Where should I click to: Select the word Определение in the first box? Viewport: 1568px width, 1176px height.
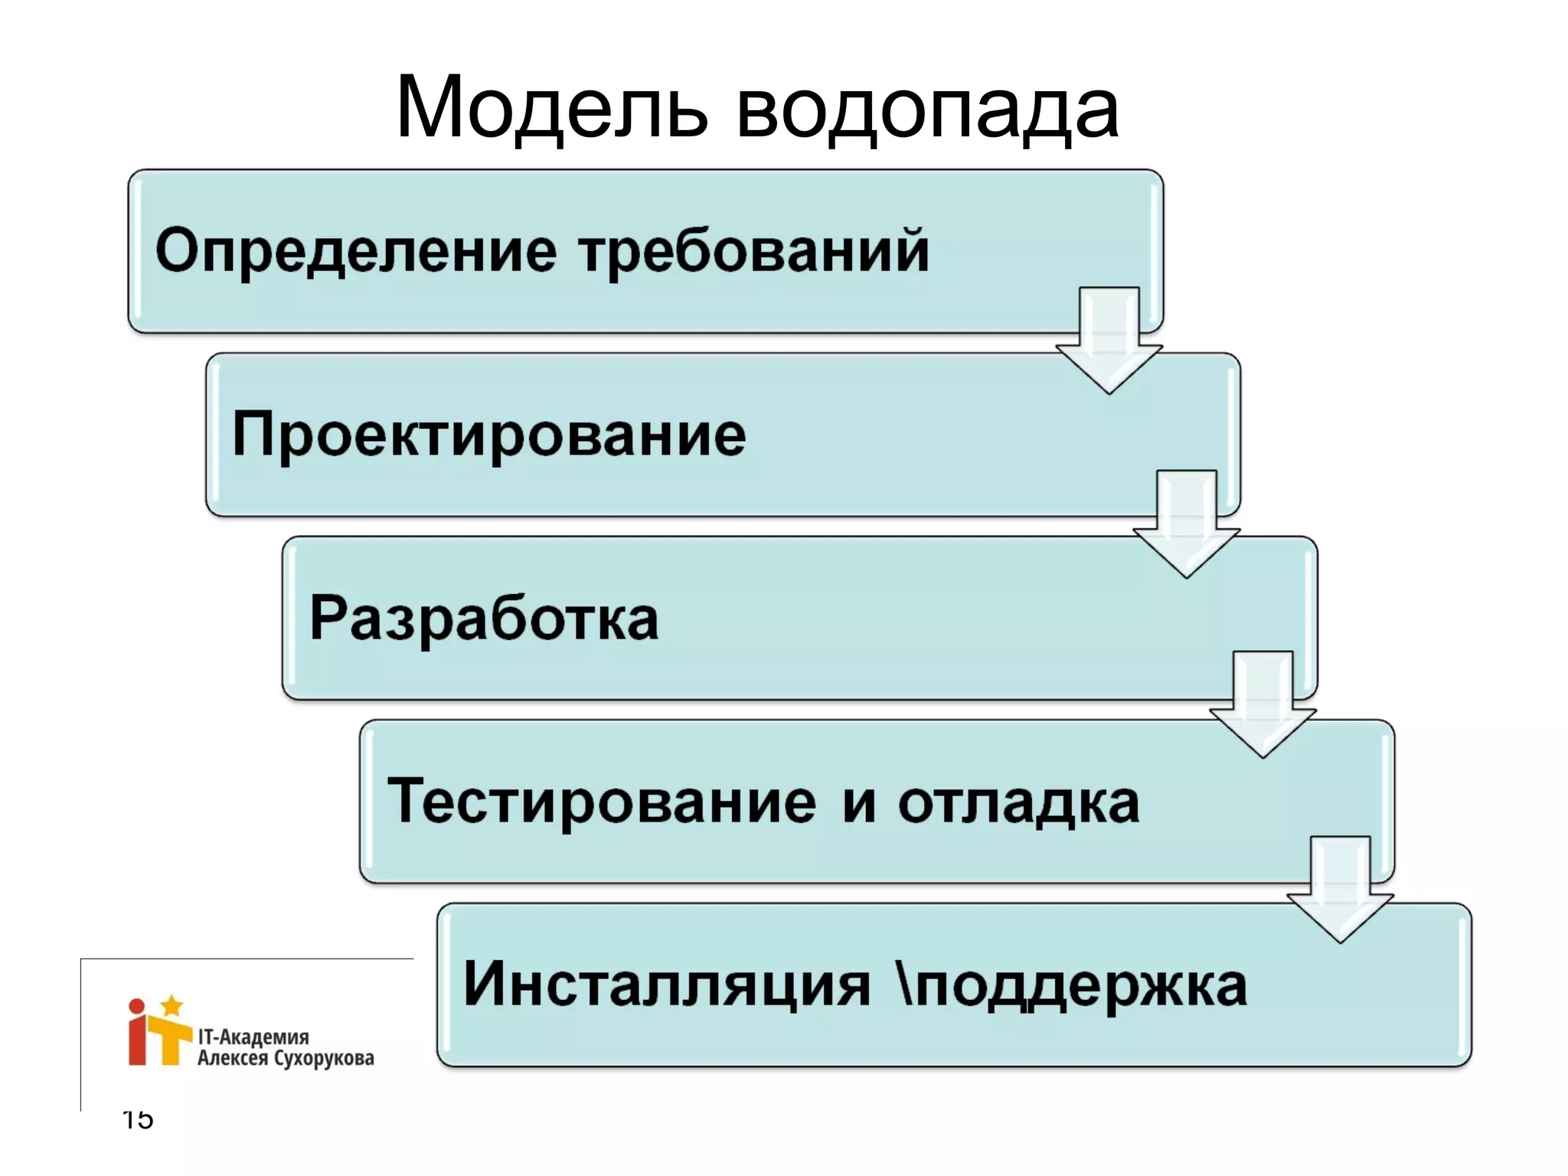356,251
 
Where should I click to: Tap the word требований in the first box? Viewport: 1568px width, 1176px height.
754,250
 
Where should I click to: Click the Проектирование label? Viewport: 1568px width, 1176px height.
488,434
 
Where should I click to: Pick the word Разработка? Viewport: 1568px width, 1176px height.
484,618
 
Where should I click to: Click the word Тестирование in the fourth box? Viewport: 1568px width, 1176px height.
602,801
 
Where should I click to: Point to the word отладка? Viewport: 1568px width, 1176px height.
1019,802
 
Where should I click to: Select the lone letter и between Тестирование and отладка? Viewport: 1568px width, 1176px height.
859,804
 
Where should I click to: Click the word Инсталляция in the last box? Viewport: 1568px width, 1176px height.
667,985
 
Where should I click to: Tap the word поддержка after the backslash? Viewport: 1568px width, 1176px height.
1081,986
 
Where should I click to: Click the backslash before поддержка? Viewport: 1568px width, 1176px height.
903,983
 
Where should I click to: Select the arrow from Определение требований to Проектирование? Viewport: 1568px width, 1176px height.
1109,341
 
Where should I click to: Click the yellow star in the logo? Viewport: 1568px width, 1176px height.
172,1005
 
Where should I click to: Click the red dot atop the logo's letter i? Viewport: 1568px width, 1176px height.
136,1007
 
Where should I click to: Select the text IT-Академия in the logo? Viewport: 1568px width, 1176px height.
253,1037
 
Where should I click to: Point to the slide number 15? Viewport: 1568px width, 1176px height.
139,1119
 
